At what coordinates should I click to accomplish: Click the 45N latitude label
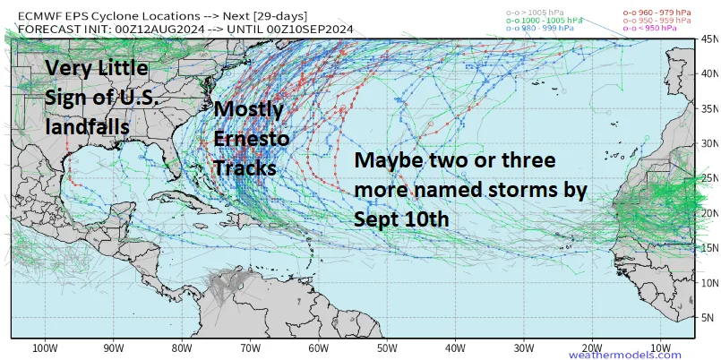pos(708,39)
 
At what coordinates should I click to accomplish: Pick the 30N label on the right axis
pos(708,143)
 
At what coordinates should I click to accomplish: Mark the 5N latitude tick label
pos(708,317)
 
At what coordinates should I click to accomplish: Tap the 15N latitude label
pos(708,247)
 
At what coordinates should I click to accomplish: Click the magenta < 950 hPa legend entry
pos(651,29)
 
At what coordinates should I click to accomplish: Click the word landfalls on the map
pos(87,128)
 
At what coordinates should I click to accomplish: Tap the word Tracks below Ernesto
pos(244,167)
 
